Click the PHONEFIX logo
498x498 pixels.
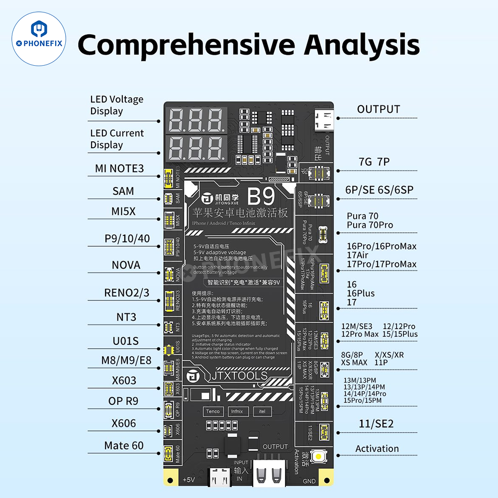39,39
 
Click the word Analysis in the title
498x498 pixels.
362,45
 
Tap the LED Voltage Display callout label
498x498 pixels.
116,105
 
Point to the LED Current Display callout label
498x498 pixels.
116,139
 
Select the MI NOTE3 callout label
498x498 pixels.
119,169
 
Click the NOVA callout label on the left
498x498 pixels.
126,265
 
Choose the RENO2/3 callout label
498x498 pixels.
126,293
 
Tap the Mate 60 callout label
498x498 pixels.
124,445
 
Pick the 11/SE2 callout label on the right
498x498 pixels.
376,424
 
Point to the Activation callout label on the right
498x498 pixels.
377,449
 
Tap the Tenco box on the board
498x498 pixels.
212,411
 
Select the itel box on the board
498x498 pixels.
262,411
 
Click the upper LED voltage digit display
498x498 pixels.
197,119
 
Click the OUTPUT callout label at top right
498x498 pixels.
378,109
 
